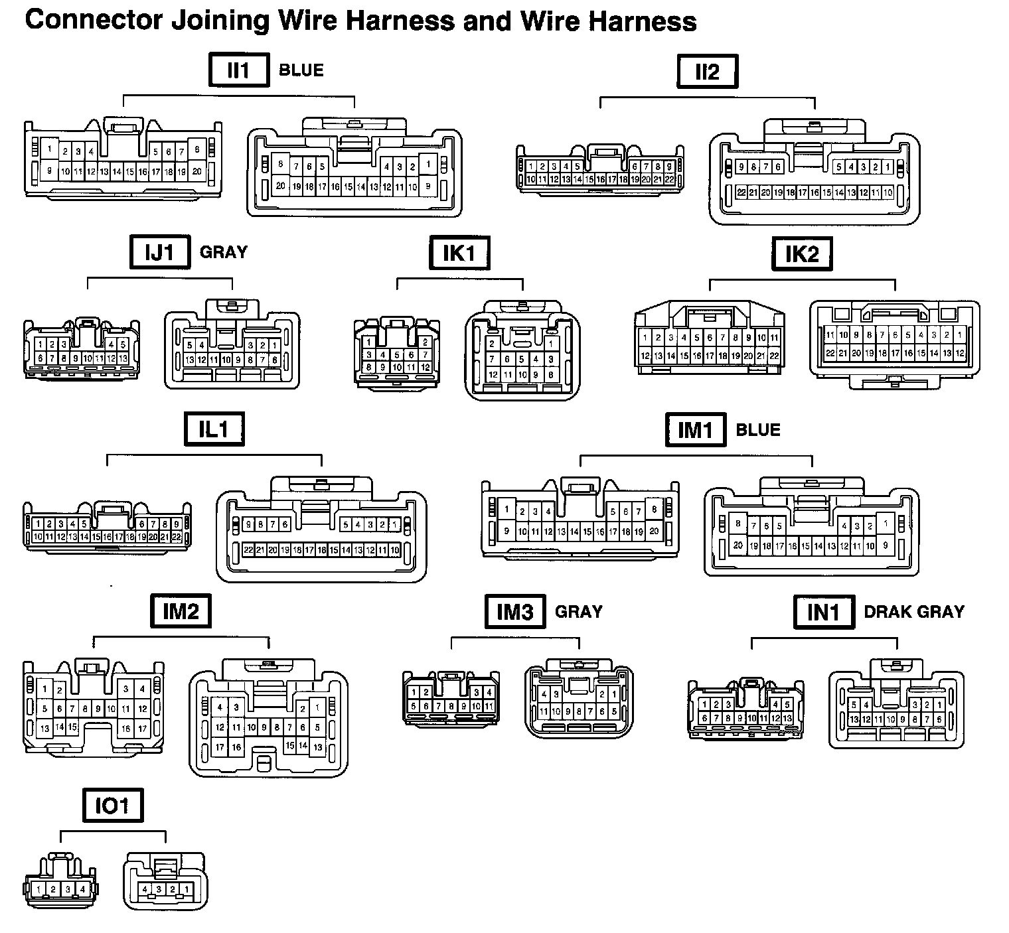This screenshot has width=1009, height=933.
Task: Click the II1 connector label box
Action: click(239, 70)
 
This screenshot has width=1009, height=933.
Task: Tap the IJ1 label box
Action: click(160, 252)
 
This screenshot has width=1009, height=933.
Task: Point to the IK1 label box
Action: click(459, 253)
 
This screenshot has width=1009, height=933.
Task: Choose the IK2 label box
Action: click(802, 254)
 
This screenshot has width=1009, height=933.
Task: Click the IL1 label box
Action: click(214, 429)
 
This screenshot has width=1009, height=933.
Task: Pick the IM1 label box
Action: click(695, 430)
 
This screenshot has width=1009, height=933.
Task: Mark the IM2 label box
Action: click(181, 610)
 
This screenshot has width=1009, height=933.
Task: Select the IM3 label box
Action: click(515, 611)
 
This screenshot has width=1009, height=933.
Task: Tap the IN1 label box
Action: click(823, 612)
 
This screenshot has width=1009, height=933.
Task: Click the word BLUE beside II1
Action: click(301, 70)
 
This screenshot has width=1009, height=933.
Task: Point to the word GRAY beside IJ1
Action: click(224, 252)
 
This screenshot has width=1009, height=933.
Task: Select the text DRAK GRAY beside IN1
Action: click(914, 612)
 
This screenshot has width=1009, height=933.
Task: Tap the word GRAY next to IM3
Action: click(579, 611)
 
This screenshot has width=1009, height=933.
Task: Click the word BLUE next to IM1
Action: click(758, 430)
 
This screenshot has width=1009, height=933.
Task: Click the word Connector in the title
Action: click(93, 21)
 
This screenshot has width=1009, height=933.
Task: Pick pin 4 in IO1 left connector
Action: click(82, 889)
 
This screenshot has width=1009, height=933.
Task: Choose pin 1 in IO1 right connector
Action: click(187, 889)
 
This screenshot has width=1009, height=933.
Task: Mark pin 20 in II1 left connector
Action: click(197, 171)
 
